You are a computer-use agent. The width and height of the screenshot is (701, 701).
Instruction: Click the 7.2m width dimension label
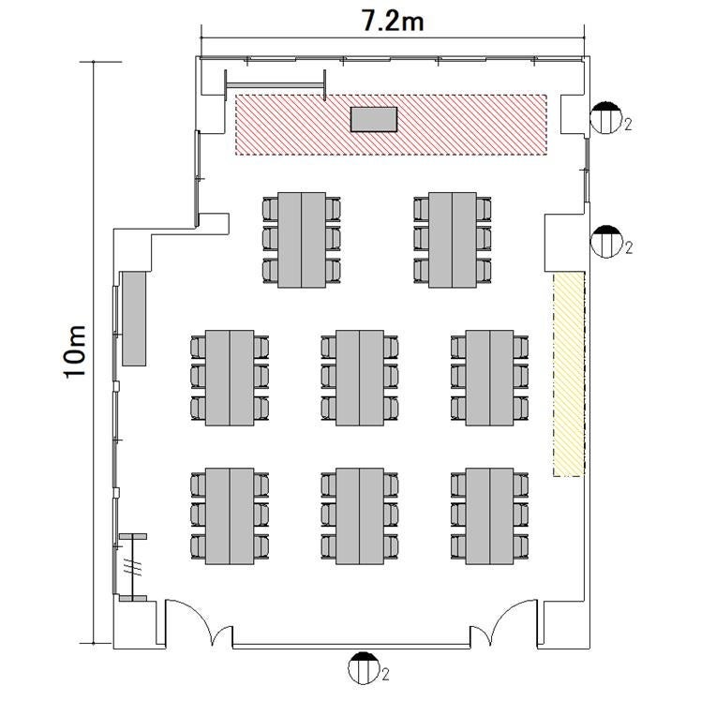point(392,22)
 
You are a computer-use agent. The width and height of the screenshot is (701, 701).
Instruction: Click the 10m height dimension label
point(74,351)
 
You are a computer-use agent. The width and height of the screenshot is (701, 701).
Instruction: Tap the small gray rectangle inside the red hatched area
point(374,119)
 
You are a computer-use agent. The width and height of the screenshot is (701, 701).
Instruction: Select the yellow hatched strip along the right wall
point(569,375)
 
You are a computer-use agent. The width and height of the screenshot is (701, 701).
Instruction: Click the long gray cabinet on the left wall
point(134,320)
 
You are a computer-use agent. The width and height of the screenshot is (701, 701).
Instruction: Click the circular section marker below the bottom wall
point(363,668)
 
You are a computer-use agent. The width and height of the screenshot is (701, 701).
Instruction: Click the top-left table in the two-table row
point(302,240)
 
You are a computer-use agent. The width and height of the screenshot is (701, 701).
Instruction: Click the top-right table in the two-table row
point(453,240)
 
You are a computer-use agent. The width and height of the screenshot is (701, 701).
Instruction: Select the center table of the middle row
point(360,379)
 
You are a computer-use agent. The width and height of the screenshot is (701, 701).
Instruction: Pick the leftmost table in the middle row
point(230,379)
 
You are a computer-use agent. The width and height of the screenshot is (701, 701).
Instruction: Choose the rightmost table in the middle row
point(489,379)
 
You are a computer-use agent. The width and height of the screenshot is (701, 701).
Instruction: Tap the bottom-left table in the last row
point(230,516)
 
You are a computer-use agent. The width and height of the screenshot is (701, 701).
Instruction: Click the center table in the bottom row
point(360,516)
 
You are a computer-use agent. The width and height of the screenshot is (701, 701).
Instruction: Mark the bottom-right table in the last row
point(489,516)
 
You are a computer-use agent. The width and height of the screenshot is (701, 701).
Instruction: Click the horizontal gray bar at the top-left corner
point(275,85)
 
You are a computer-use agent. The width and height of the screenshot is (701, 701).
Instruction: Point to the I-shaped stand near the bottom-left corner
point(133,567)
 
